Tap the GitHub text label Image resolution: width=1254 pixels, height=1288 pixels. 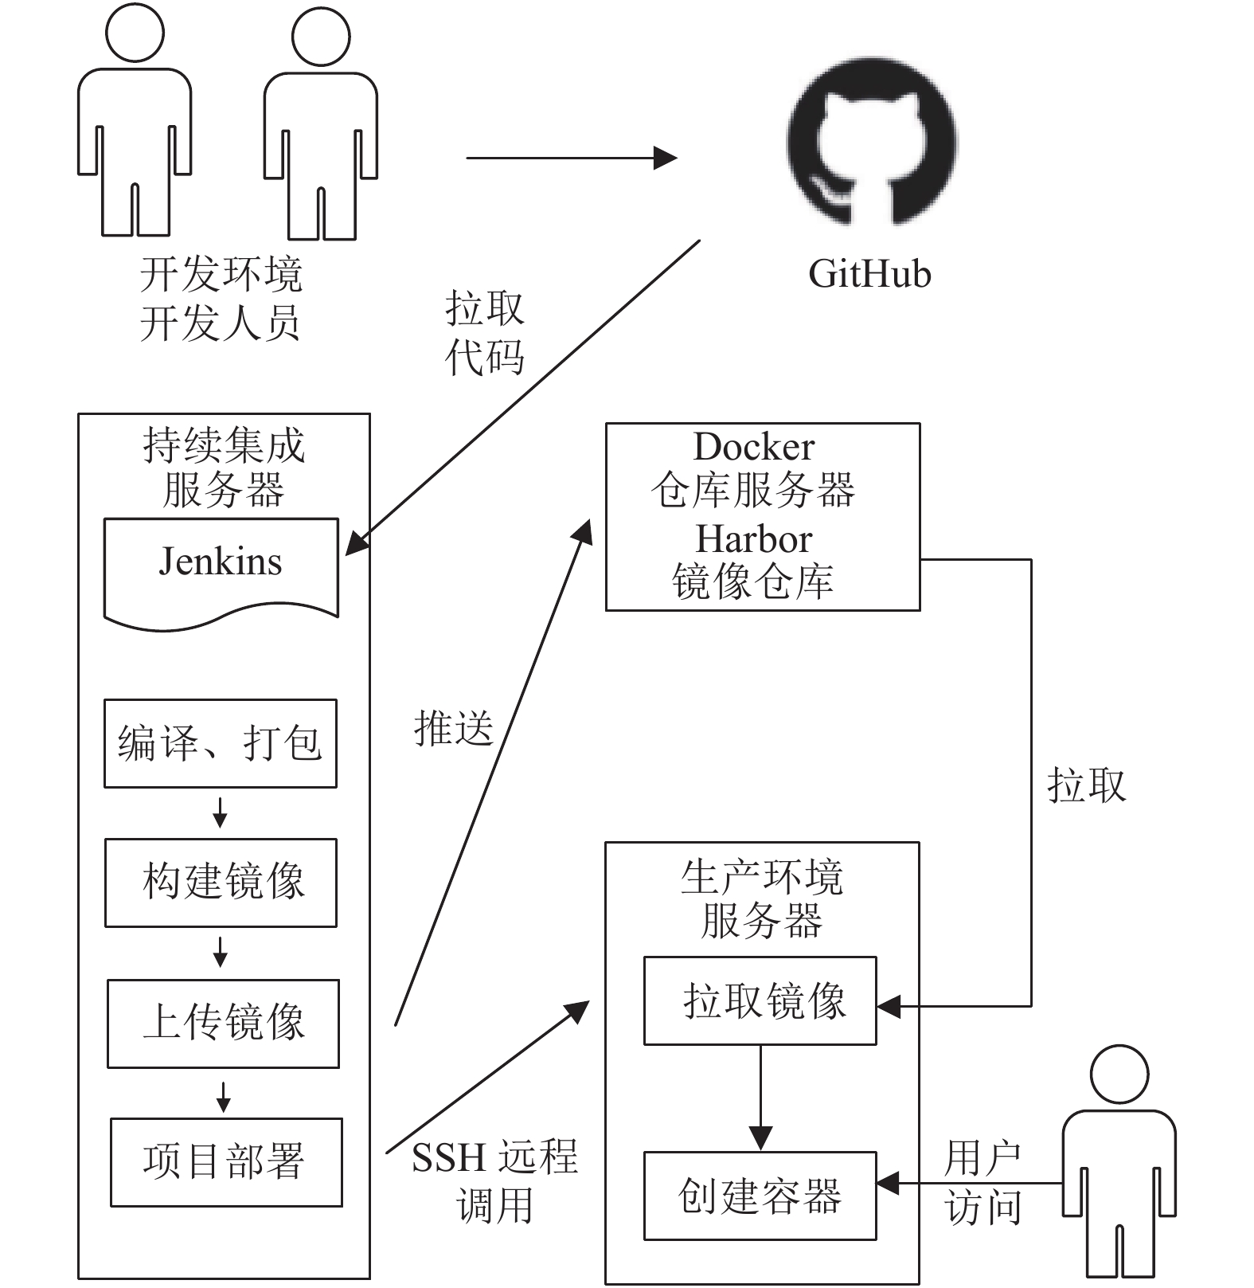869,274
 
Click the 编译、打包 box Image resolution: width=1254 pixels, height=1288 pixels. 221,743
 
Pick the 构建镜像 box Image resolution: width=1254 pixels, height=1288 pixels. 221,883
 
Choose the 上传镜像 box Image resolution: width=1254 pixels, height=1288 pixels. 223,1024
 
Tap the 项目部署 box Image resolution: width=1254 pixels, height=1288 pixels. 226,1162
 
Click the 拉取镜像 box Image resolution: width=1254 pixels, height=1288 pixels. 760,1000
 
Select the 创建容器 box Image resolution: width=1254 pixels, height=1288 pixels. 760,1196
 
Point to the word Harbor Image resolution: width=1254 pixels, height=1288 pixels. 753,539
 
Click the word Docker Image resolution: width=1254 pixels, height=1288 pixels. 754,446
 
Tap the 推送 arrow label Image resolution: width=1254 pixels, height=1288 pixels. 454,728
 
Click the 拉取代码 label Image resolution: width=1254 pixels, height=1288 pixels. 485,332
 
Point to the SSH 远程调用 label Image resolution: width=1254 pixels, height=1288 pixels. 494,1180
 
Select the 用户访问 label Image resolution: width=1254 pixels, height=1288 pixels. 982,1182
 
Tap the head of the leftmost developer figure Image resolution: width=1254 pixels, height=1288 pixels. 135,33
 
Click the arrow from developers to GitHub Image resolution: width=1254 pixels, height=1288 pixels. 571,158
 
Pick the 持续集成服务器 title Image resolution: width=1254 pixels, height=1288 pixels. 224,468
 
